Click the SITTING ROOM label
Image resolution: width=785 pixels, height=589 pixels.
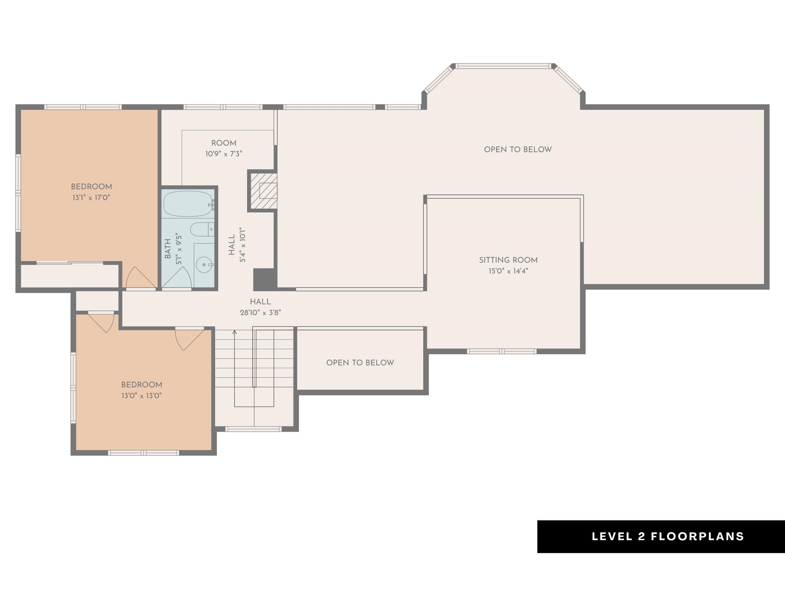(508, 260)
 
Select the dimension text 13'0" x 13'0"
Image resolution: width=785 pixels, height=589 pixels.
(142, 396)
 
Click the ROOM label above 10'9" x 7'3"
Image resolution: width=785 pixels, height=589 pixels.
(224, 143)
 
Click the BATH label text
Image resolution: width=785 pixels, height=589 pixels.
(168, 248)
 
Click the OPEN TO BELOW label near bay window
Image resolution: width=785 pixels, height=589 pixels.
(518, 150)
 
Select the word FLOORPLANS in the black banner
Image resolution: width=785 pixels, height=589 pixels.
(697, 536)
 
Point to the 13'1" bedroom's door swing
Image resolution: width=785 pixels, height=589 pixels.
(140, 277)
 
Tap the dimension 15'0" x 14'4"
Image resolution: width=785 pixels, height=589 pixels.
(508, 271)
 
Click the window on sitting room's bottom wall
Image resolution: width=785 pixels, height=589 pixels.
(501, 352)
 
